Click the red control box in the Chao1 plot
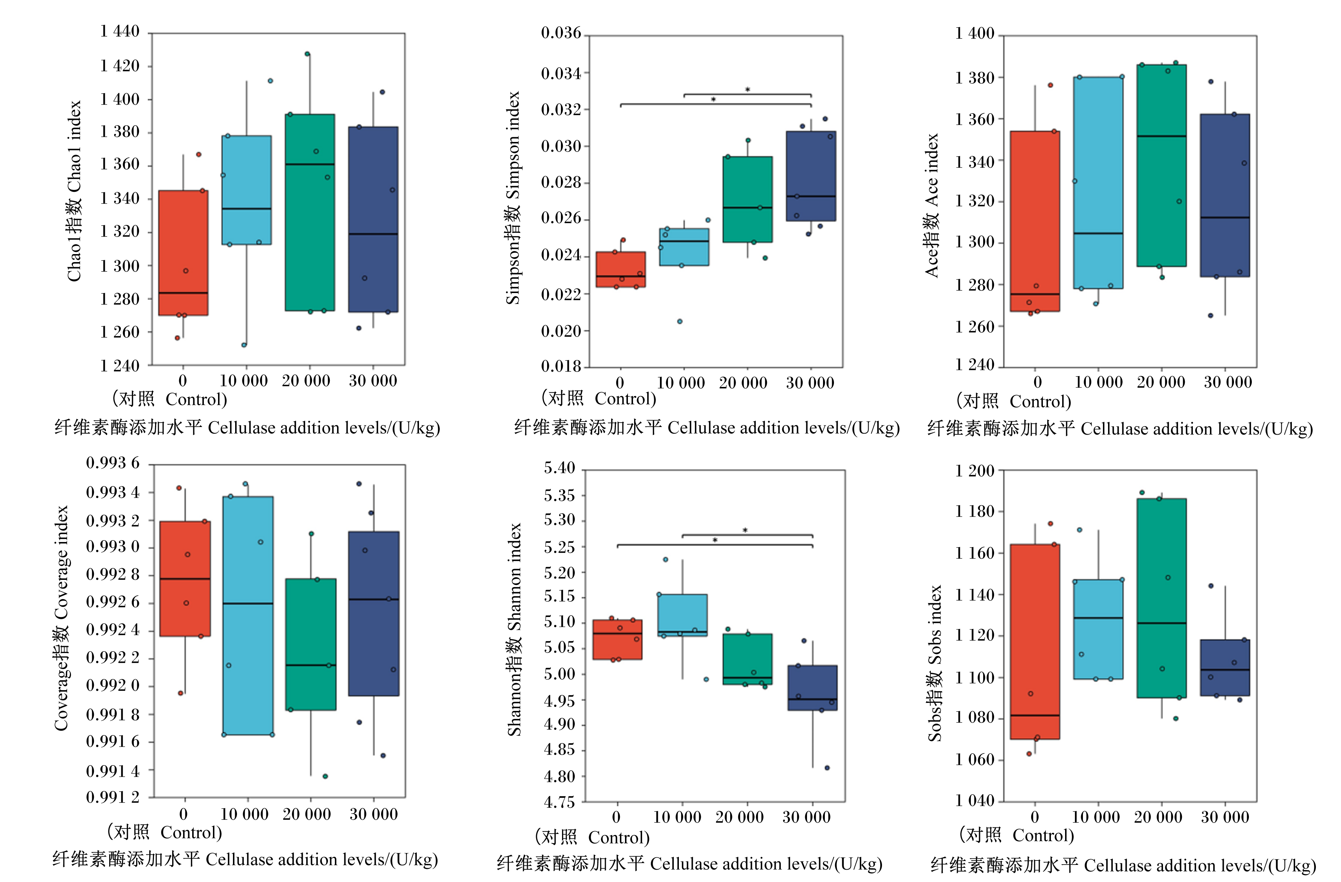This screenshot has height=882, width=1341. coord(183,253)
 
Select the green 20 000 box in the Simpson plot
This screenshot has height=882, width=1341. coord(747,199)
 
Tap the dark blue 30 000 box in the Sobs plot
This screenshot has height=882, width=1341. coord(1225,668)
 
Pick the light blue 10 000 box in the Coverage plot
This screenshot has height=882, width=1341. coord(248,616)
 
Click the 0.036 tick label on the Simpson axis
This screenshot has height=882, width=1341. coord(561,33)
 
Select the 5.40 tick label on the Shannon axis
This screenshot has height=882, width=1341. coord(559,468)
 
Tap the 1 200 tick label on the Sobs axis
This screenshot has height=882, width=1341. coord(975,471)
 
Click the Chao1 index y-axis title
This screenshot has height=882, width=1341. coord(74,191)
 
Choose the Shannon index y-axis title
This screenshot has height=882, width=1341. coord(514,629)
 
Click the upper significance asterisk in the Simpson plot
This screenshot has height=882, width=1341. coord(748,90)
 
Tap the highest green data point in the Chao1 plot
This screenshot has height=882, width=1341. coord(307,54)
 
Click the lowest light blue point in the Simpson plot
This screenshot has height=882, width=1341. coord(680,321)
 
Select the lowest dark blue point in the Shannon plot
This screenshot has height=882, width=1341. coord(827,768)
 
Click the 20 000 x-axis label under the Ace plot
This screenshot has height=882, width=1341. coord(1161,382)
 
